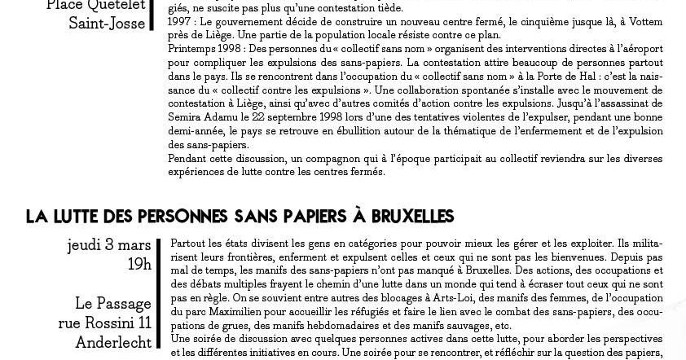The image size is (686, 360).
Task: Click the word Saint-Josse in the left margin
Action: click(108, 24)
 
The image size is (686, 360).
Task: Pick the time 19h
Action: click(139, 264)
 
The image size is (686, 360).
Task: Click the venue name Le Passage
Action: click(112, 304)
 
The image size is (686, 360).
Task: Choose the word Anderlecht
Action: click(113, 342)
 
